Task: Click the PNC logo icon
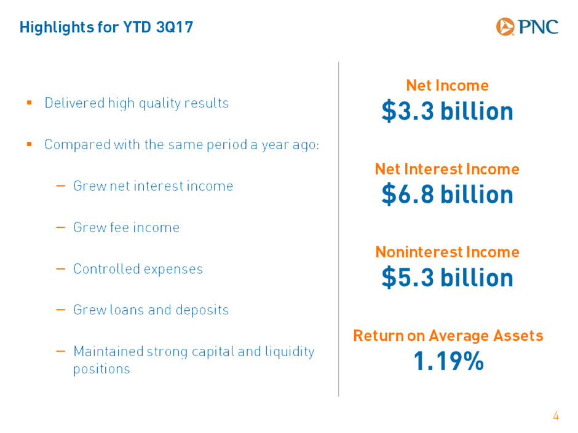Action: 505,26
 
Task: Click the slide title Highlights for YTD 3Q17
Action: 106,27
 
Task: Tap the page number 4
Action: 556,416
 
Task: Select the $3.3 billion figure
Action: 447,111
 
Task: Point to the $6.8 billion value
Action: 447,195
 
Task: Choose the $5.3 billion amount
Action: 447,278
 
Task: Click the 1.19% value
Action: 449,361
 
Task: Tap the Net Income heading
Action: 447,85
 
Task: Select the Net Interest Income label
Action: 447,169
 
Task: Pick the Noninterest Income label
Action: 448,252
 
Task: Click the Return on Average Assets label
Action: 448,336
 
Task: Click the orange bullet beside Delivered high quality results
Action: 30,103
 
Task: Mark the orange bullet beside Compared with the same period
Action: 30,144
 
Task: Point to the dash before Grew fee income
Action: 60,227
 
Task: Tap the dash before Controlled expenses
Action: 60,269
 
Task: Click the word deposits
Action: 202,310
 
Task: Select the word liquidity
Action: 290,352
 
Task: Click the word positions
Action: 101,369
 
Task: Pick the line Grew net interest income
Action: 153,186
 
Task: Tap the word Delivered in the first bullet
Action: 74,103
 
